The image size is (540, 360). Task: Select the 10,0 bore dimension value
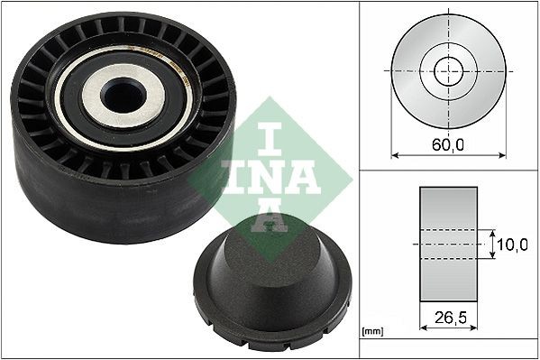510,244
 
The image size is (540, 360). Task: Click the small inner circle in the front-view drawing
448,69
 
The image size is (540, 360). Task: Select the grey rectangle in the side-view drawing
448,244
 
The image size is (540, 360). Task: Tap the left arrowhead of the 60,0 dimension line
394,154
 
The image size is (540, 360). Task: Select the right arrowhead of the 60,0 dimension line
503,154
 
